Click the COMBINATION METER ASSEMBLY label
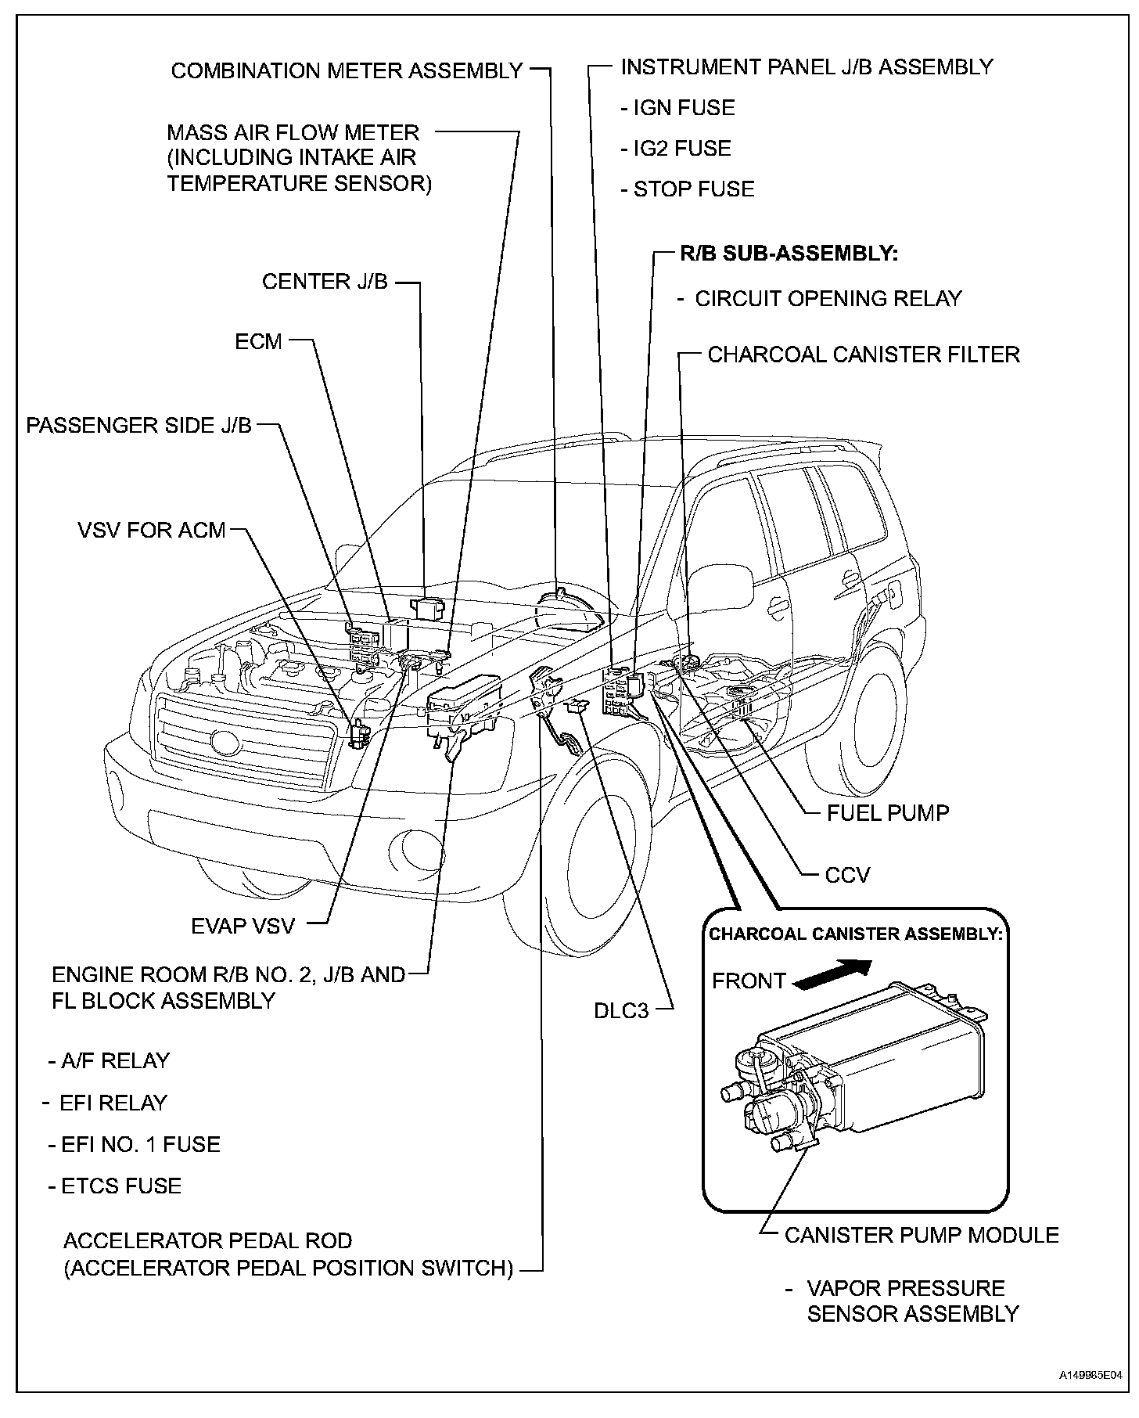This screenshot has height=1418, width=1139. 347,70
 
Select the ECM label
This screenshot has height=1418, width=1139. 258,342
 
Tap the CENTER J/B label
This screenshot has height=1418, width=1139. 325,281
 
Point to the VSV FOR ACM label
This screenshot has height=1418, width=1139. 151,530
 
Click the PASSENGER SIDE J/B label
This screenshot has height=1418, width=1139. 139,425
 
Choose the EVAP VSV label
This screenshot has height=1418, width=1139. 243,926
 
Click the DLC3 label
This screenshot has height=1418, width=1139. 621,1010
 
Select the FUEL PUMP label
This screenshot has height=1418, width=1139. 887,812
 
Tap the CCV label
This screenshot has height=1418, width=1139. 847,874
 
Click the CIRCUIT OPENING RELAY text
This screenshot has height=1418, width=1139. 828,298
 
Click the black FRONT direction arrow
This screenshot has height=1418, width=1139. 832,975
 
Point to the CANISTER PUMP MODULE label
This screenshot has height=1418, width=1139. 921,1235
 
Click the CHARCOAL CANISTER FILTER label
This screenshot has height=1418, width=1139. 864,354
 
